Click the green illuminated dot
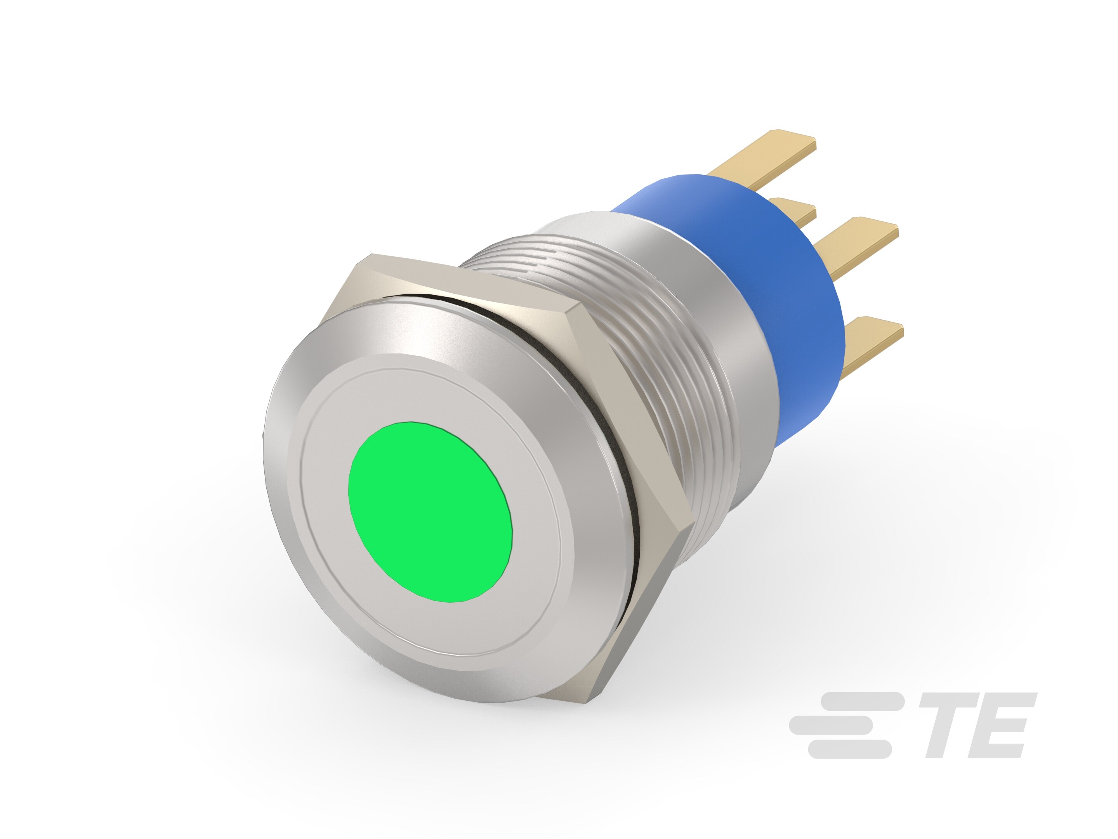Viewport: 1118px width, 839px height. [x=430, y=512]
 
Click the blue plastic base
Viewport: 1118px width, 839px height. [x=788, y=283]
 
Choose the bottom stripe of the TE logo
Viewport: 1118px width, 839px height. [x=849, y=749]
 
